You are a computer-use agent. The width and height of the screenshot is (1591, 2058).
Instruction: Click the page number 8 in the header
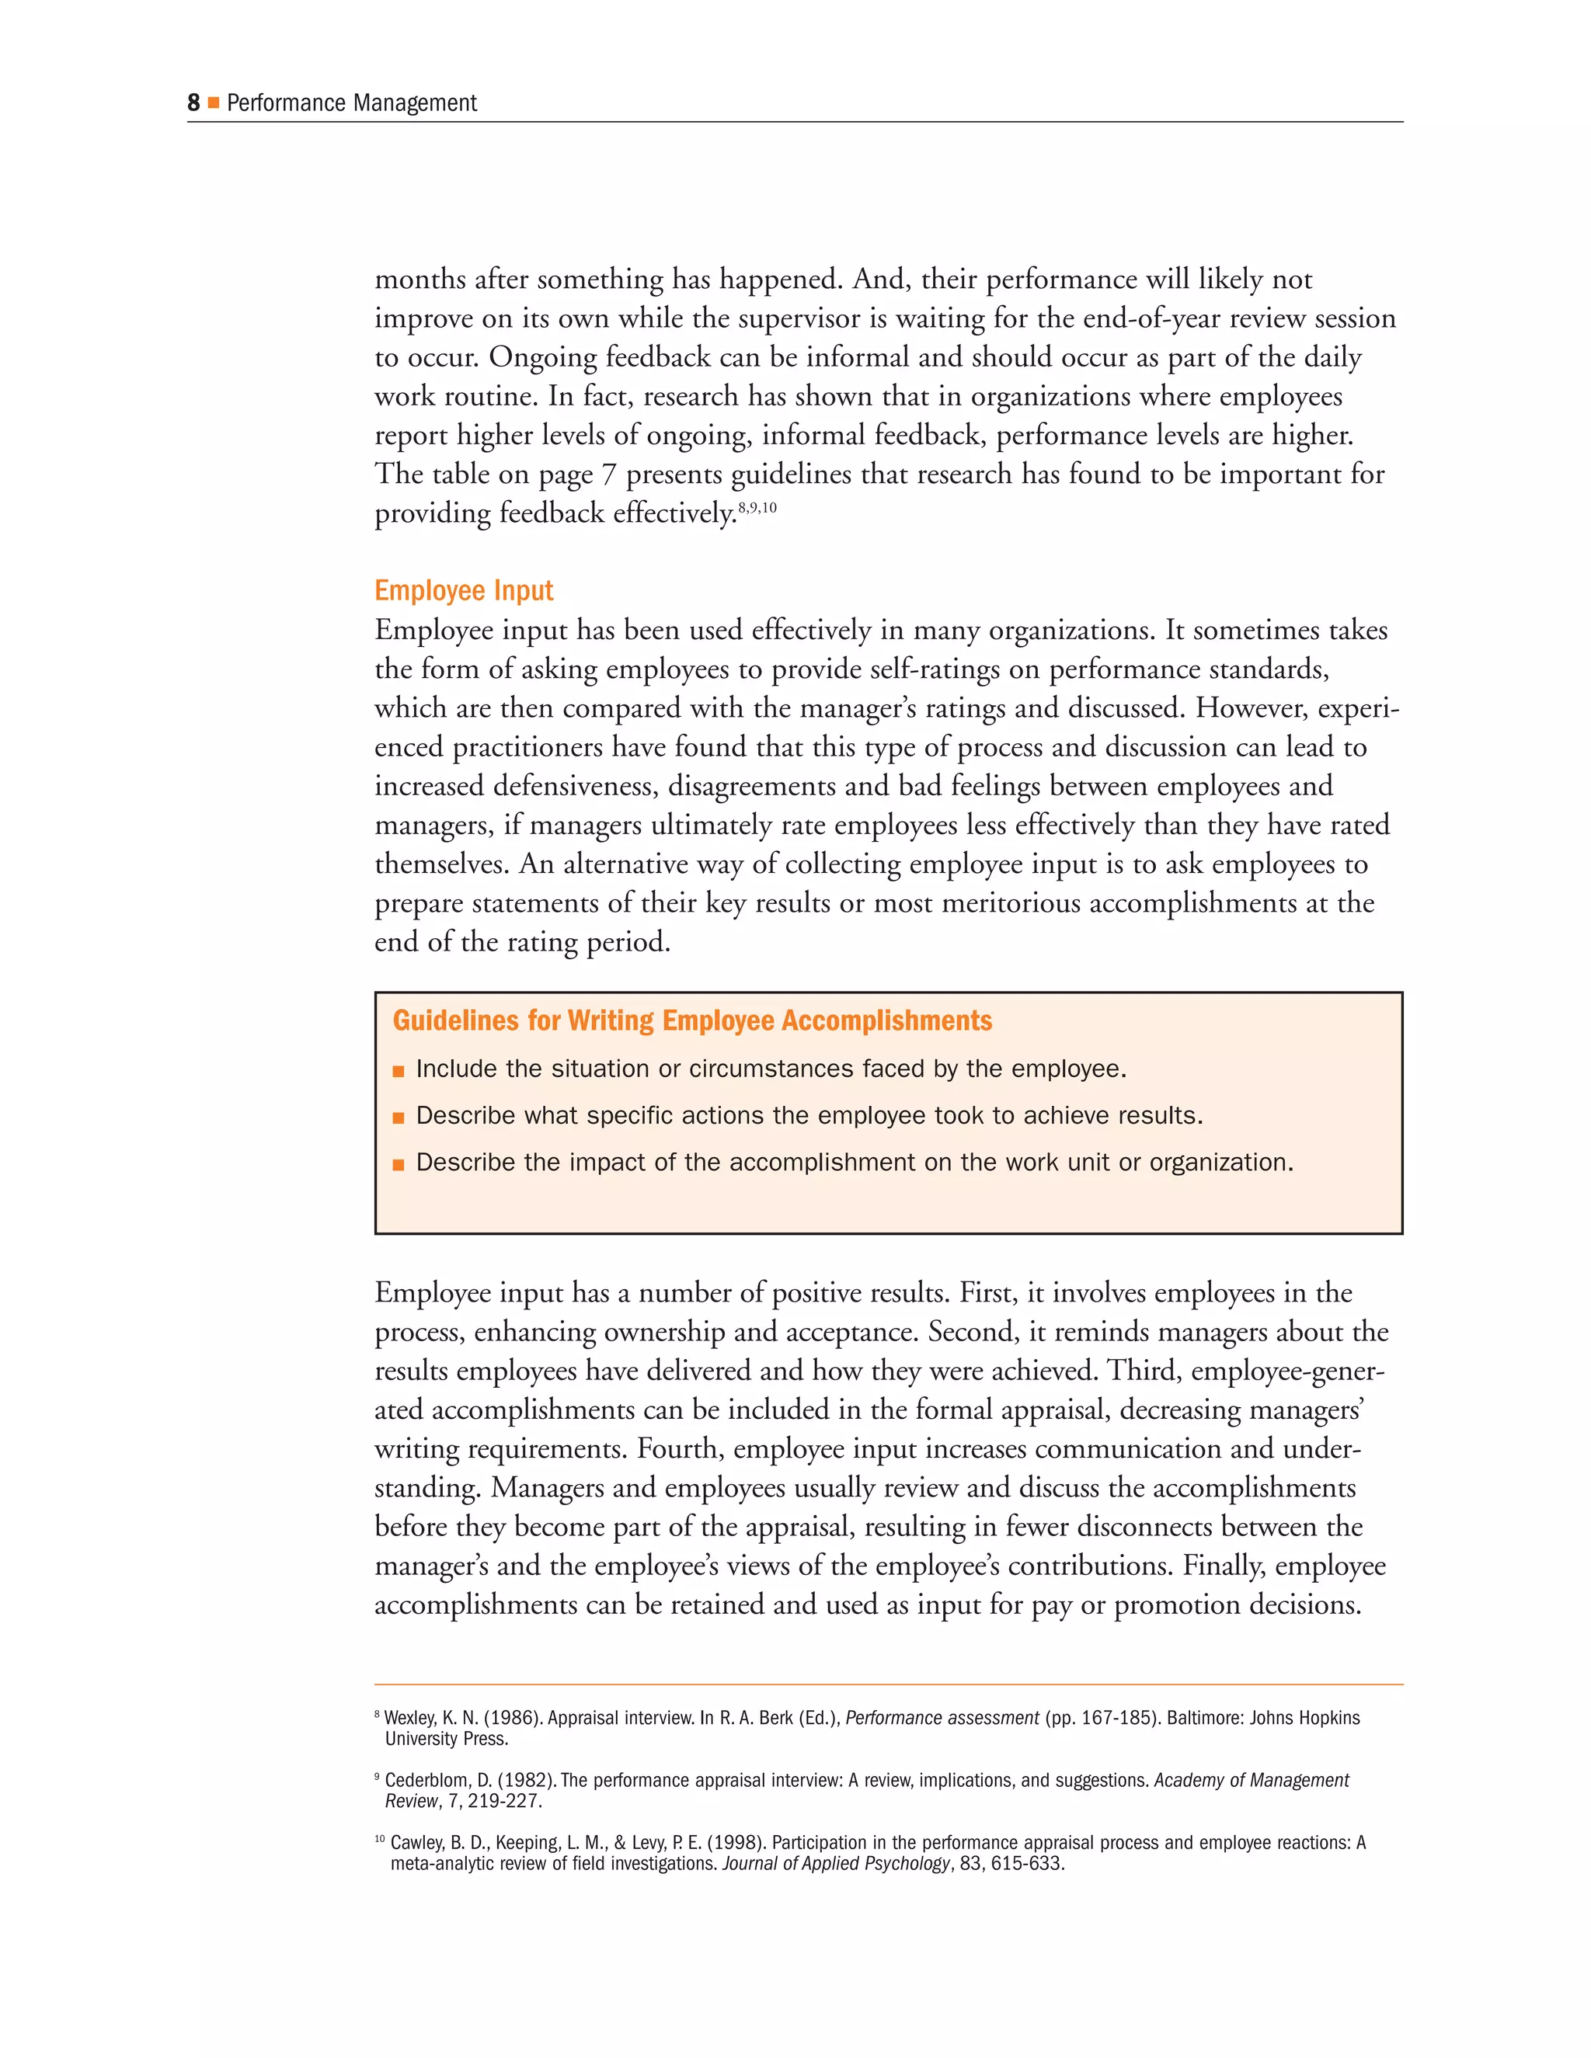tap(193, 103)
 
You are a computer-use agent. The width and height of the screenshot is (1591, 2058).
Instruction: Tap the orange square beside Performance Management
tap(213, 103)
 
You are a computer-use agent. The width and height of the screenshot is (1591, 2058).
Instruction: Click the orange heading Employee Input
tap(464, 591)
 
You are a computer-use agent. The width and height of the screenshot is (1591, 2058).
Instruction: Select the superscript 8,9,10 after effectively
tap(757, 508)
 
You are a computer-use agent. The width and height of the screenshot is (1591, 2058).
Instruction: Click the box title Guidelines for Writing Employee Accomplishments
tap(692, 1020)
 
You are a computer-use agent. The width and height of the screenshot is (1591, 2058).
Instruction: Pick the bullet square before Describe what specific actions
tap(399, 1118)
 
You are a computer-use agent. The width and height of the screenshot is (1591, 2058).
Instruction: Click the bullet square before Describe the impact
tap(399, 1165)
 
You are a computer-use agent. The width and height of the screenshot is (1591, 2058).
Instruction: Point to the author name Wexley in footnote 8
tap(410, 1718)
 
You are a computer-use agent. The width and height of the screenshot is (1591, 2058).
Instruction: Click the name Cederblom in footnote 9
tap(428, 1780)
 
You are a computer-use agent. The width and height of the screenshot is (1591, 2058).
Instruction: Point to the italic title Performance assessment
tap(942, 1718)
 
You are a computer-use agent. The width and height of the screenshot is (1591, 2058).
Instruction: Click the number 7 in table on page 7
tap(609, 474)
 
